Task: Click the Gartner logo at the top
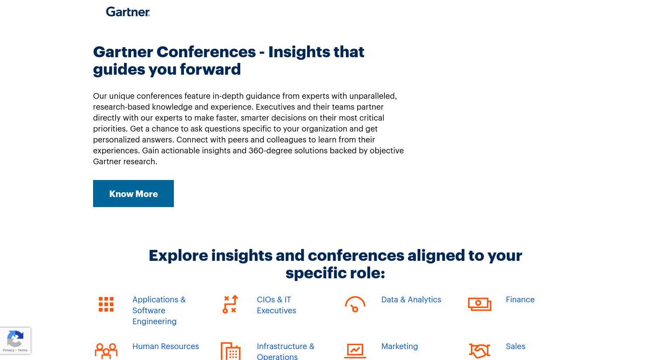[128, 12]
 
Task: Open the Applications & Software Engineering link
[159, 310]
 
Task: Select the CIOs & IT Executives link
[276, 305]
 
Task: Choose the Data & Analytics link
[411, 300]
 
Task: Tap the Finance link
[520, 300]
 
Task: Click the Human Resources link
[166, 346]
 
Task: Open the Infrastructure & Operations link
[285, 351]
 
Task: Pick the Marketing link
[400, 346]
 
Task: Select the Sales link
[515, 346]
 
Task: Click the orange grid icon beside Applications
[106, 304]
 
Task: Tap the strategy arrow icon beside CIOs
[230, 304]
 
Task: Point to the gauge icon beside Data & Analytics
[355, 304]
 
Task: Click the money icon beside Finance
[480, 304]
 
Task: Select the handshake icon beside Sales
[480, 351]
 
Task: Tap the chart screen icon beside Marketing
[355, 351]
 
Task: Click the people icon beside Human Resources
[106, 351]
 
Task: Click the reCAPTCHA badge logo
[15, 338]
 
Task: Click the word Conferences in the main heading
[206, 52]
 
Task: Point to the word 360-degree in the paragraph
[270, 150]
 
